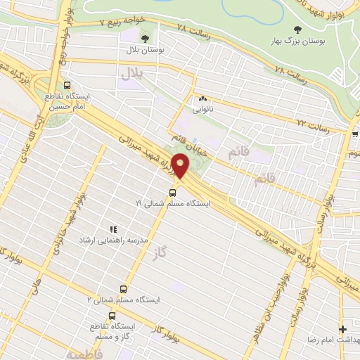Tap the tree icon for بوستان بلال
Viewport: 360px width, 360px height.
[146, 38]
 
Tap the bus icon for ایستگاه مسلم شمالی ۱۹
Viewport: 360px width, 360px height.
[173, 191]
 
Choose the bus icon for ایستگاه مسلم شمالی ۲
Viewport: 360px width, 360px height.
[124, 289]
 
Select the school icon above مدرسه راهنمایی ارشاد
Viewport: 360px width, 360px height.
[112, 229]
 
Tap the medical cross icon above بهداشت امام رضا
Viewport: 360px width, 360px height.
[343, 329]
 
